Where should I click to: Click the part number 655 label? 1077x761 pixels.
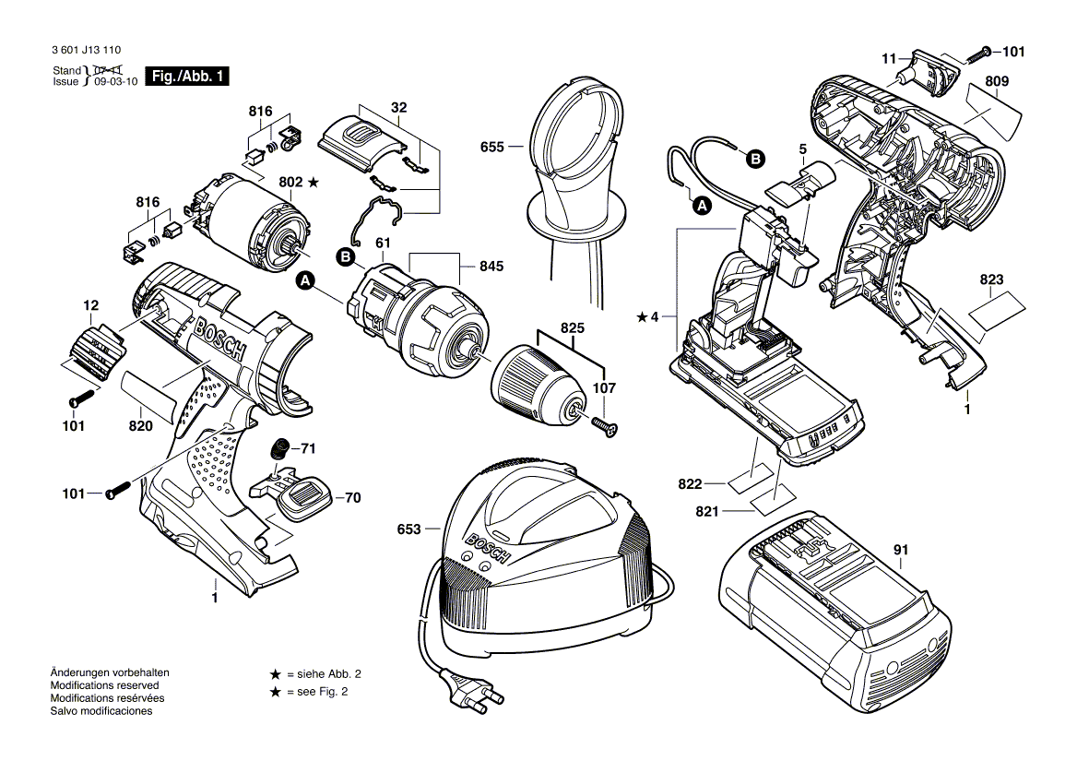[491, 147]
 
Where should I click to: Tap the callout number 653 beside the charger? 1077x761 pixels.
[408, 529]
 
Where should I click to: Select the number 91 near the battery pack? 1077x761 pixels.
[901, 551]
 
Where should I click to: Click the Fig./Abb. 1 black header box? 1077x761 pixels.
[189, 77]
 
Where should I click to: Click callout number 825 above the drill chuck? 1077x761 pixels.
[572, 327]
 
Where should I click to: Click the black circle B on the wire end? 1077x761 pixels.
[754, 159]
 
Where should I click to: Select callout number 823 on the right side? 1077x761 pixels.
[991, 279]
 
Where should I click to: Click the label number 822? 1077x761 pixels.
[690, 483]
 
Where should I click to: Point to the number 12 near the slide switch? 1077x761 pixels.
[90, 304]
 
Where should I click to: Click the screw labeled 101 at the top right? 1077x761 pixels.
[986, 51]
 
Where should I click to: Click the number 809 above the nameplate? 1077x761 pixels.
[996, 81]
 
